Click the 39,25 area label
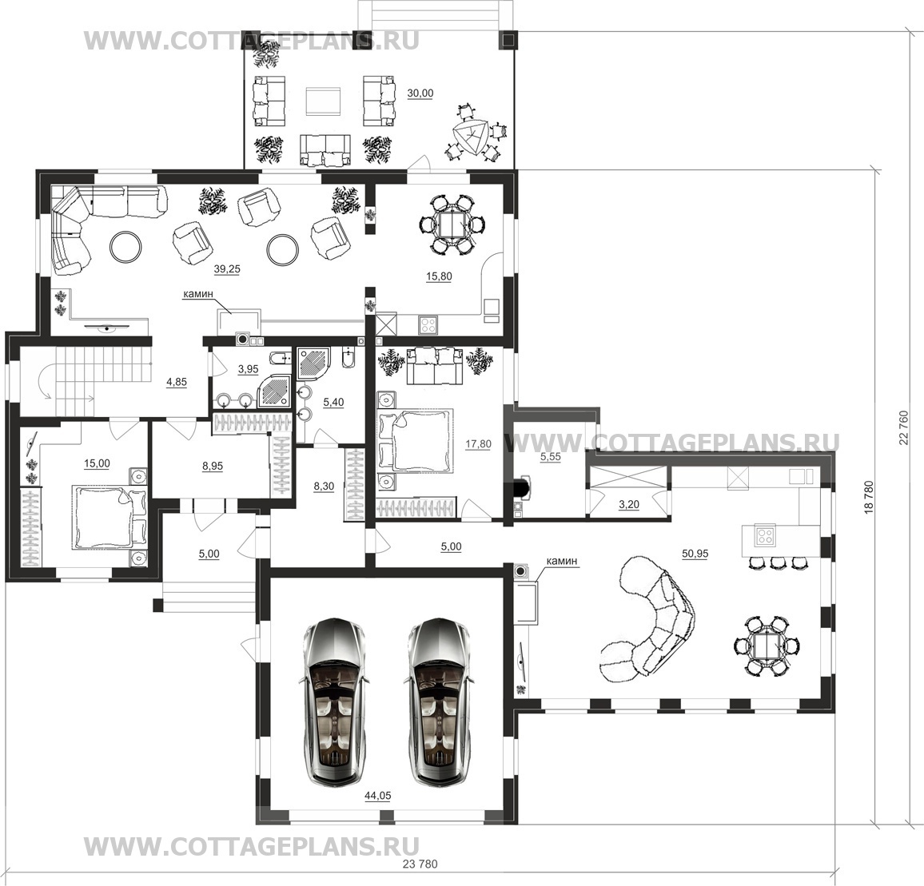tap(227, 268)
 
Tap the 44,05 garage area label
tap(378, 796)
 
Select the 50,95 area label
tap(695, 554)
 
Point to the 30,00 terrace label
tap(420, 93)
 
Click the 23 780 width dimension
tap(420, 864)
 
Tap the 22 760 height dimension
tap(905, 428)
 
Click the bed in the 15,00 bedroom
tap(110, 517)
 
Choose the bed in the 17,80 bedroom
tap(416, 440)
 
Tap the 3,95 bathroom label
tap(248, 369)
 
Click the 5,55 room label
tap(551, 456)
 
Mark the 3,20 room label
tap(629, 505)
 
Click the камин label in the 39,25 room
tap(198, 294)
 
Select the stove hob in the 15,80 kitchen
tap(428, 324)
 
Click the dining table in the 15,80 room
tap(452, 224)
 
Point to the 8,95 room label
tap(213, 466)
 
